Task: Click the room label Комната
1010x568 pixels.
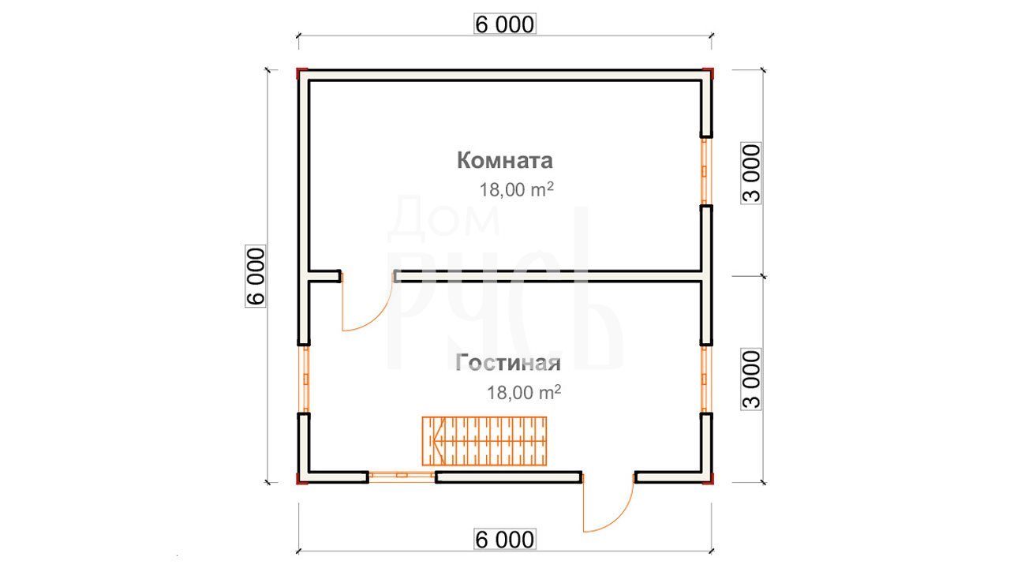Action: tap(504, 160)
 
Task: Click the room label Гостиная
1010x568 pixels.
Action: tap(508, 363)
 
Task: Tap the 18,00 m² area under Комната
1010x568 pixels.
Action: tap(516, 190)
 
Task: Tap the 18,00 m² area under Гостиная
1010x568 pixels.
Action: tap(524, 393)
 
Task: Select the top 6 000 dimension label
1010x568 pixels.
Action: tap(504, 24)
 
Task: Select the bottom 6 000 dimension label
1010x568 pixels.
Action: tap(504, 540)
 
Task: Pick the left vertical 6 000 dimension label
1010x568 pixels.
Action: tap(256, 276)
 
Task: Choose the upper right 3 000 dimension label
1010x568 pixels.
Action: tap(751, 173)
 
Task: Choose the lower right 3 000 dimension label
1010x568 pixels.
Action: tap(751, 379)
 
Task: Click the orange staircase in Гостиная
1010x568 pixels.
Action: tap(484, 441)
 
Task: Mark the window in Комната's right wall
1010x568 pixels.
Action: tap(706, 171)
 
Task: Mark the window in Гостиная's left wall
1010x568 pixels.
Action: tap(304, 379)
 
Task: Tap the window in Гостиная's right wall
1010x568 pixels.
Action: tap(706, 379)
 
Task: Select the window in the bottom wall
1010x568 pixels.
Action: tap(402, 477)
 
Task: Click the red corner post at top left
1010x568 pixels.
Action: tap(301, 73)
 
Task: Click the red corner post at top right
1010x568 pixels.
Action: tap(709, 73)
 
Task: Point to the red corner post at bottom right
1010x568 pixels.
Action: tap(709, 479)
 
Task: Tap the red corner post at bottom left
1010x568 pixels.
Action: tap(301, 479)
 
